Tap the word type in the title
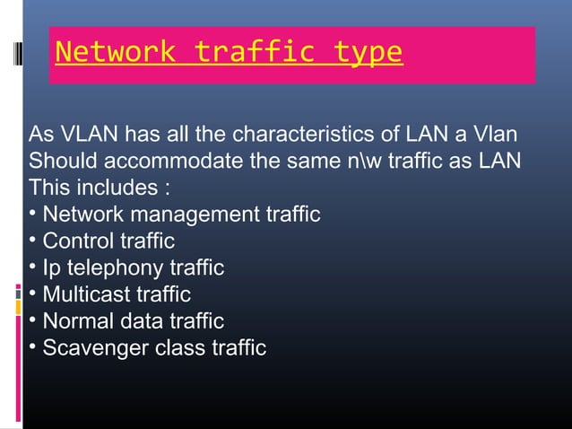[x=368, y=52]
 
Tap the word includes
[x=113, y=189]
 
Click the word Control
[x=78, y=241]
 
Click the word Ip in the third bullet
[x=52, y=268]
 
